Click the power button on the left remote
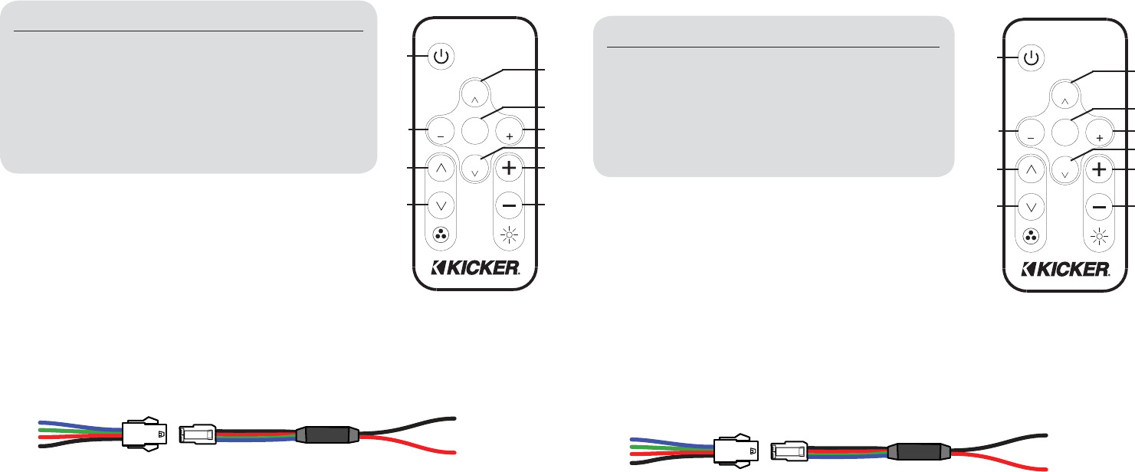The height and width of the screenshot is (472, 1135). point(440,57)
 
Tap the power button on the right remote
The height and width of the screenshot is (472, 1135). point(1032,57)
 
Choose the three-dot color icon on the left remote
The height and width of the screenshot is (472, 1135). point(440,235)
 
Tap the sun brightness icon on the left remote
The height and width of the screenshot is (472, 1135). point(509,236)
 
